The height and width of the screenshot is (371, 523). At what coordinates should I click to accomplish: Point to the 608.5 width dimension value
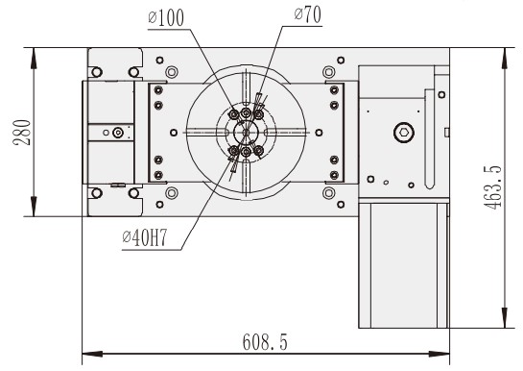pyautogui.click(x=263, y=342)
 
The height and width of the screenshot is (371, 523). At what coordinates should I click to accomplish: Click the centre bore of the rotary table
pyautogui.click(x=247, y=133)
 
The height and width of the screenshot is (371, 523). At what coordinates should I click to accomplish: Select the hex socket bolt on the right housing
pyautogui.click(x=403, y=133)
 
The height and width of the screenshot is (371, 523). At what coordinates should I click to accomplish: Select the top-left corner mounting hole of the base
pyautogui.click(x=97, y=71)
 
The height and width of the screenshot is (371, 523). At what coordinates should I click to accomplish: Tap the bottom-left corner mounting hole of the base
pyautogui.click(x=97, y=193)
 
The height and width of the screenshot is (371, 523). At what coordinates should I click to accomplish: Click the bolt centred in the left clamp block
pyautogui.click(x=117, y=133)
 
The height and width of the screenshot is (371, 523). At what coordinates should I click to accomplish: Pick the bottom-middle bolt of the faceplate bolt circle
pyautogui.click(x=247, y=152)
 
